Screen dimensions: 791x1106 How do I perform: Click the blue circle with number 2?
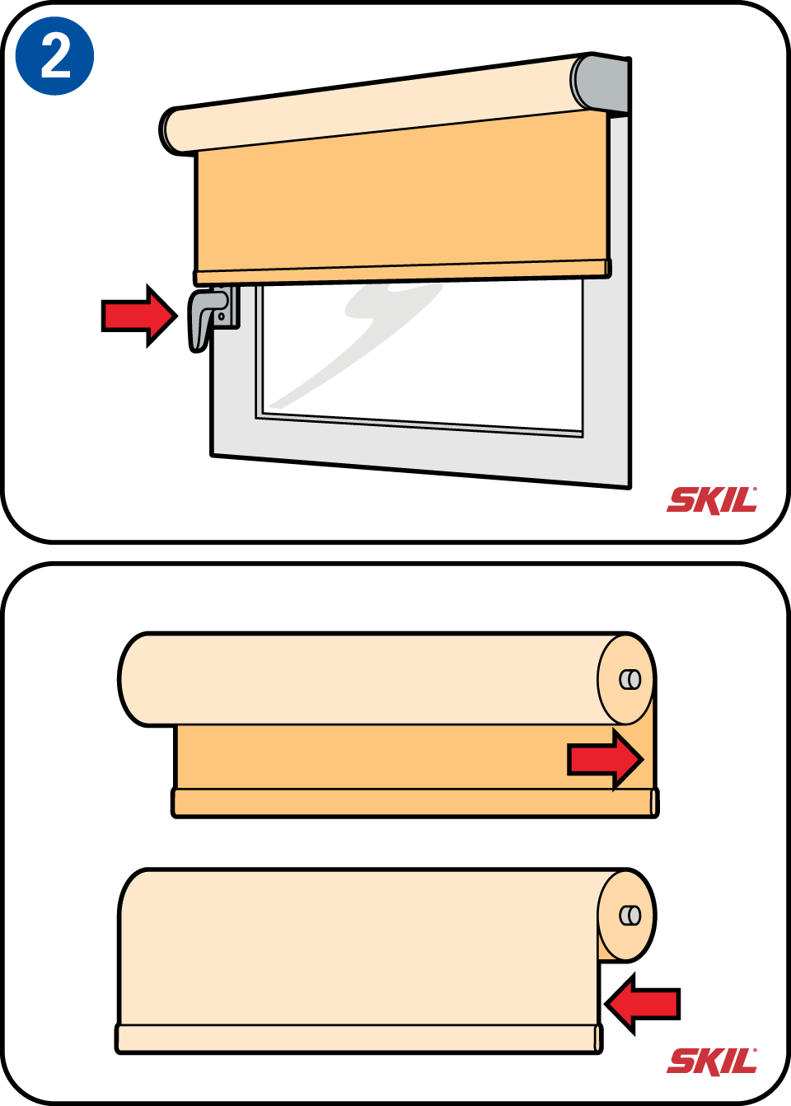click(x=55, y=56)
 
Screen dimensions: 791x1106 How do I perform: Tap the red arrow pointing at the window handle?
click(x=139, y=316)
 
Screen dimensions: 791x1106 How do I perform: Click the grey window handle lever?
click(x=204, y=318)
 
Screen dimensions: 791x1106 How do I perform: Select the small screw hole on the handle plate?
click(x=221, y=316)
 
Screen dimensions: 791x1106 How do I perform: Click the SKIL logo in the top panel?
click(x=712, y=500)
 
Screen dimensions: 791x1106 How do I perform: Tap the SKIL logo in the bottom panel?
click(x=712, y=1061)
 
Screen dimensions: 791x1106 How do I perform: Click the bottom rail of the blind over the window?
click(x=402, y=272)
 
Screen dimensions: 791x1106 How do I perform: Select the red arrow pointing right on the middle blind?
click(x=606, y=759)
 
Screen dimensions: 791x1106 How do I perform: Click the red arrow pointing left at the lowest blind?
click(x=642, y=1004)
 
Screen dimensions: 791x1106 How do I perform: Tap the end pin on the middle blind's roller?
click(x=630, y=679)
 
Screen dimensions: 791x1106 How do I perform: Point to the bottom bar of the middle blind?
click(x=414, y=804)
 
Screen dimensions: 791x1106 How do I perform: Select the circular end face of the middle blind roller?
click(x=626, y=679)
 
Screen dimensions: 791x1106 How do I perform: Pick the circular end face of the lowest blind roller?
click(x=626, y=916)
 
